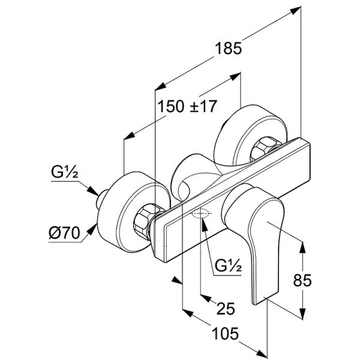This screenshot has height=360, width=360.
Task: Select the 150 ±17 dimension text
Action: pos(187,106)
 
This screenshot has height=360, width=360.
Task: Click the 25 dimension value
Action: pos(225,309)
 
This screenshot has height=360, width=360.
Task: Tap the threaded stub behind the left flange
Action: pos(104,197)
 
